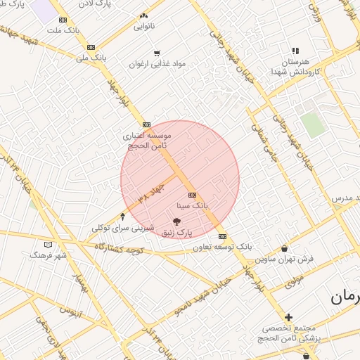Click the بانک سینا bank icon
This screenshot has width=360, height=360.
[192, 195]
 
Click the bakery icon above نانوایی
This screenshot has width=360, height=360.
[144, 15]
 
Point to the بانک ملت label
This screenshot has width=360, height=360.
[62, 30]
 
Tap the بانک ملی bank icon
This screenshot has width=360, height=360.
[91, 48]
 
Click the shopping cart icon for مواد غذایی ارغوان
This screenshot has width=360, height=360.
[156, 52]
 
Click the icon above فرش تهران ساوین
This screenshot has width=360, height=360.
[284, 248]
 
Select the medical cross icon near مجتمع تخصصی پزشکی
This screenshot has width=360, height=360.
[288, 318]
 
